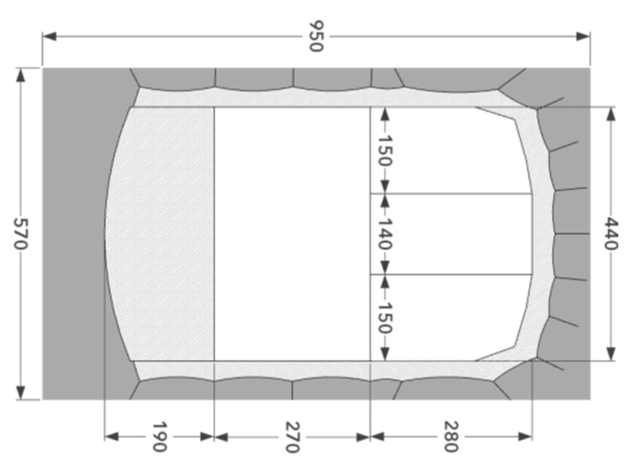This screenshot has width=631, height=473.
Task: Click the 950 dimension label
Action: tap(316, 36)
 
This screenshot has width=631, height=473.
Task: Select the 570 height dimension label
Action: tap(20, 233)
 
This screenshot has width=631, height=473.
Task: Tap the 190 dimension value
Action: tap(159, 437)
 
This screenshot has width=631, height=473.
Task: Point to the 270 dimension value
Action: tap(292, 437)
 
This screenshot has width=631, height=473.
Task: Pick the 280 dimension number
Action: tap(451, 437)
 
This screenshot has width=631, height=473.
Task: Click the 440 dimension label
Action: tap(611, 233)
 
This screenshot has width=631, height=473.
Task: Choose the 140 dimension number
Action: tap(385, 233)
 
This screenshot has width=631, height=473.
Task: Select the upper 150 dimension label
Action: tap(385, 151)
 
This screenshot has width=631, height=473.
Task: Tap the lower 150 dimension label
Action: tap(385, 317)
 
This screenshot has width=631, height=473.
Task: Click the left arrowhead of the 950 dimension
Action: tap(49, 36)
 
